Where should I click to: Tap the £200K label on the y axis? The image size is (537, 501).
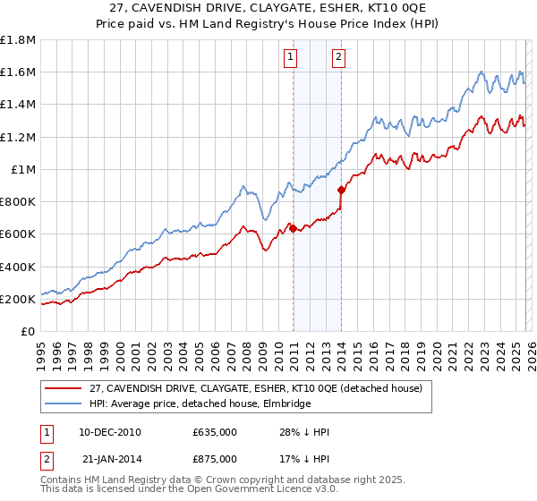click(x=18, y=299)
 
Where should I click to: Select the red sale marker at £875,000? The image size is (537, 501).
click(x=341, y=190)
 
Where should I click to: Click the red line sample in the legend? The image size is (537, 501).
click(x=64, y=387)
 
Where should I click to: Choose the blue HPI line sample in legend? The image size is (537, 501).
click(x=64, y=403)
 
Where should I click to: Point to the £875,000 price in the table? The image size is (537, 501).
click(x=215, y=458)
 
